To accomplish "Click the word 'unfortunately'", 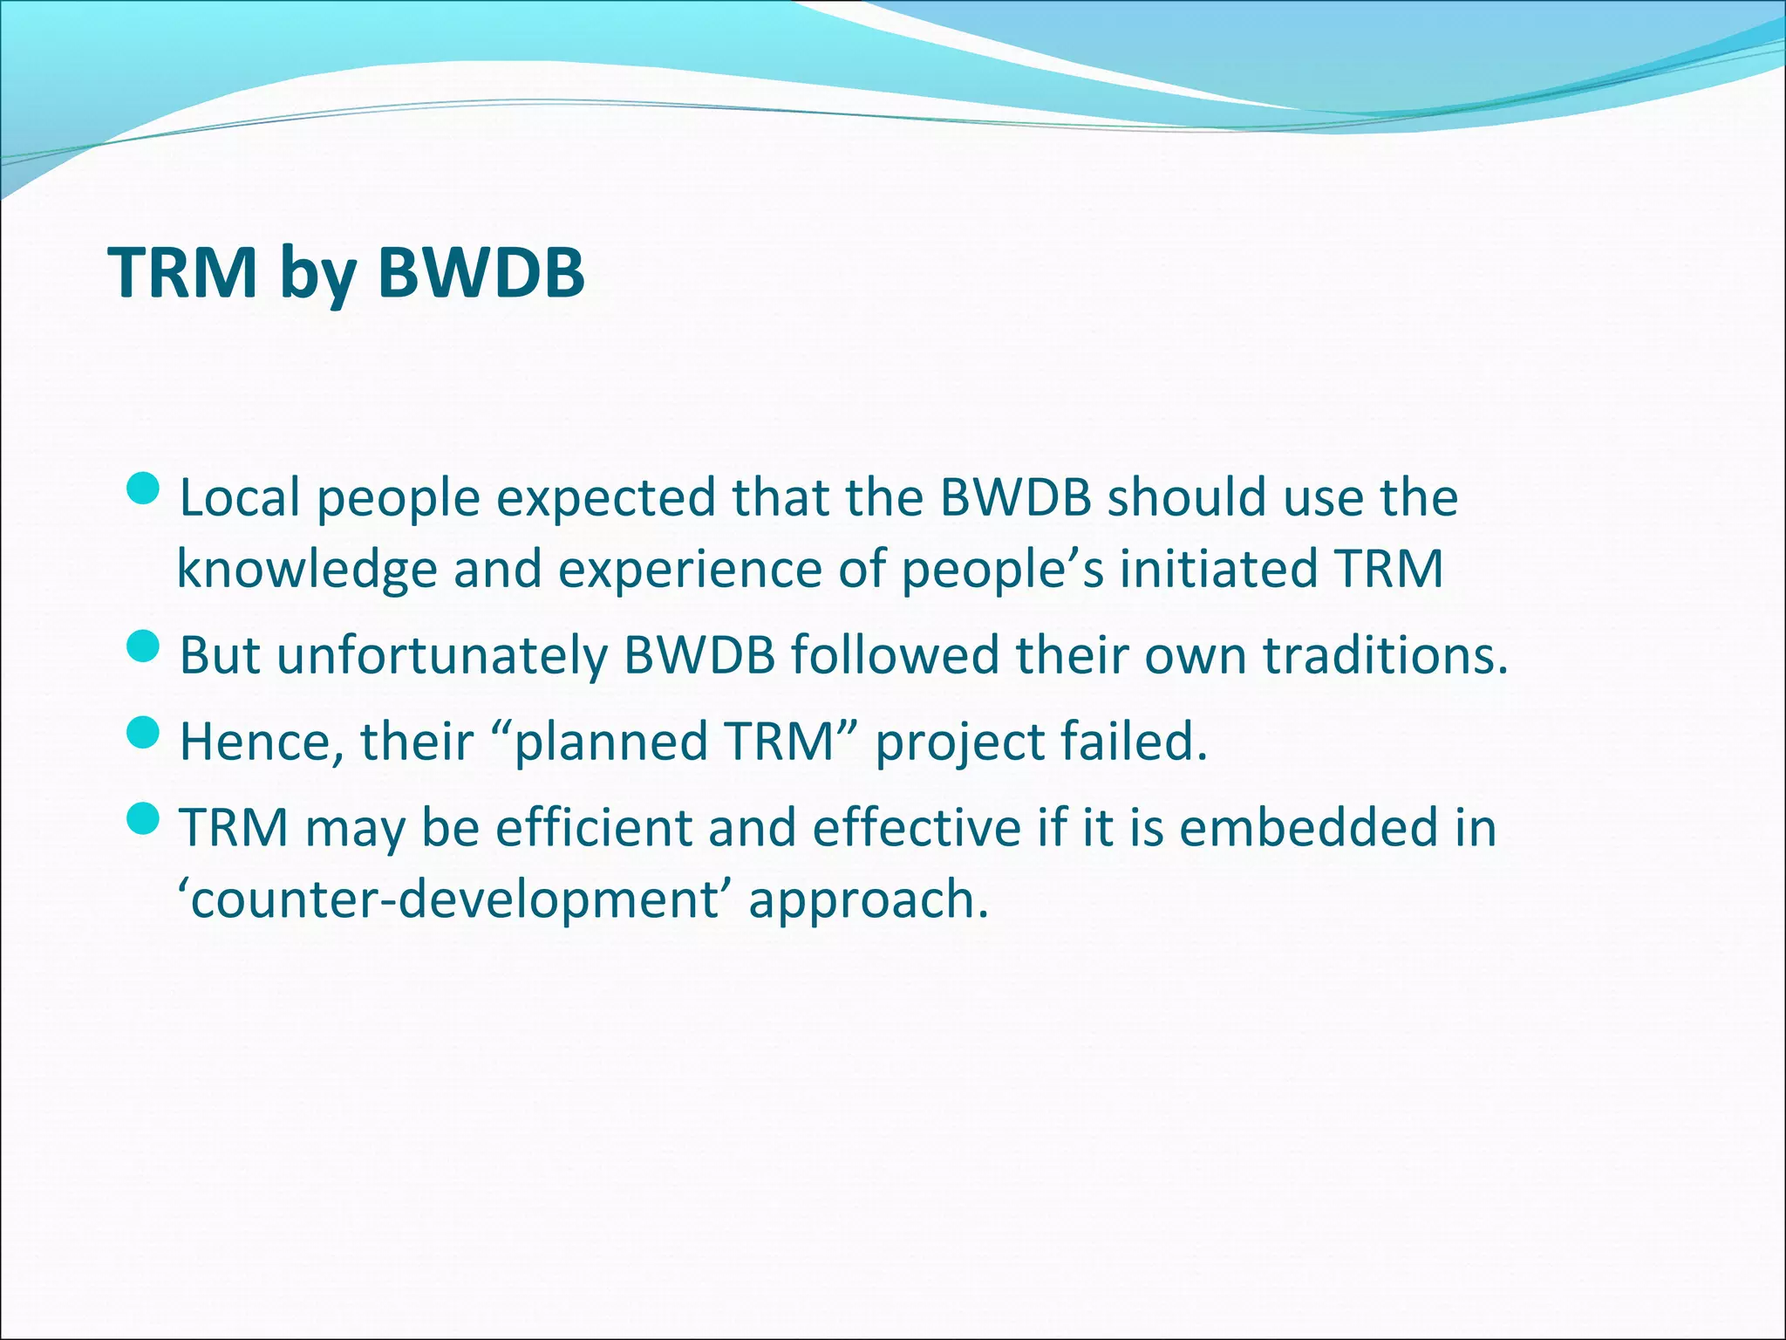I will [x=441, y=656].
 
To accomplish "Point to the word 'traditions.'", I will [x=1387, y=656].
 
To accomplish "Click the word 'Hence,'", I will [x=262, y=743].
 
